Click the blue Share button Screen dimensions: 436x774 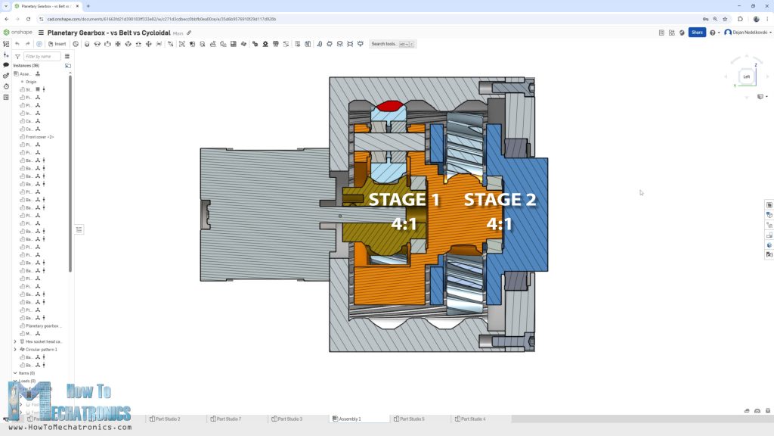(696, 33)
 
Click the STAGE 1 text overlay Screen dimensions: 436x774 (404, 200)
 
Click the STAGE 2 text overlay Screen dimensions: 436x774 (500, 200)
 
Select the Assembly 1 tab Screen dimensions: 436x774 (348, 419)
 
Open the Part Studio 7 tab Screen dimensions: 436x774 (228, 419)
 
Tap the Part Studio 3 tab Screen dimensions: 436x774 (289, 419)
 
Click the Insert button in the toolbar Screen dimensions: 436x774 (57, 44)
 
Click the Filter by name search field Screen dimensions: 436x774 (42, 56)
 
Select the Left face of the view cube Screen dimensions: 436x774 (746, 76)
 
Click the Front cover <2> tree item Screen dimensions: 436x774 (40, 137)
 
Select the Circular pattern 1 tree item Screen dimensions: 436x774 (42, 350)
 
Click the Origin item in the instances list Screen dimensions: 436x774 (31, 81)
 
